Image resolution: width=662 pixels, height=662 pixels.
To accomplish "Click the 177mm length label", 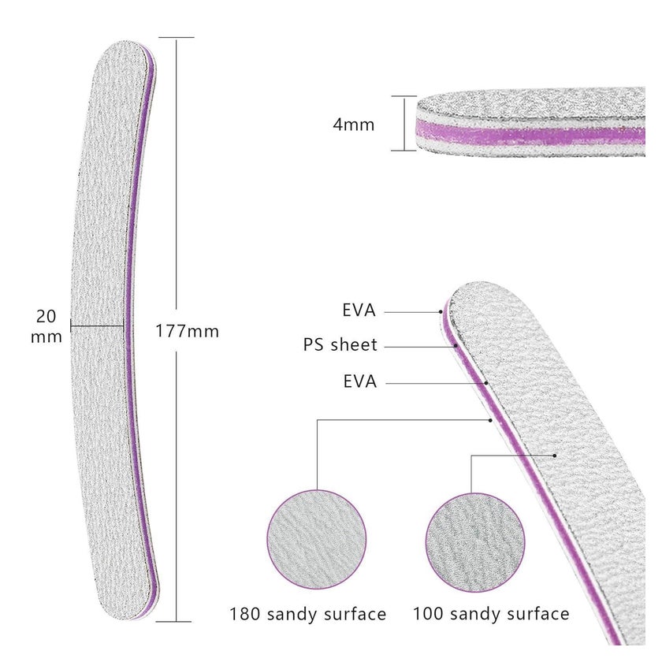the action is click(188, 331).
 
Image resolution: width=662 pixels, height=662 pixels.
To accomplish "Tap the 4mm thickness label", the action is click(353, 125).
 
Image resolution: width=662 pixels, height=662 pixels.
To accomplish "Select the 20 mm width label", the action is click(46, 326).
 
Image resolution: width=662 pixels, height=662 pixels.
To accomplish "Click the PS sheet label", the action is click(340, 345).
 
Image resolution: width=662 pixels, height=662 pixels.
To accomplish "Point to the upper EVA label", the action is click(359, 311).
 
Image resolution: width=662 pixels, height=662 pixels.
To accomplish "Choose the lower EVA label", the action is click(359, 381).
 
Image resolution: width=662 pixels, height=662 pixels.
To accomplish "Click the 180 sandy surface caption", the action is click(308, 614).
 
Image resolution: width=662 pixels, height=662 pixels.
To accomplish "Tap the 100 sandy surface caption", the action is click(491, 613).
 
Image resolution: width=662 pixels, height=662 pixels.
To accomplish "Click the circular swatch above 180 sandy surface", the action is click(317, 540).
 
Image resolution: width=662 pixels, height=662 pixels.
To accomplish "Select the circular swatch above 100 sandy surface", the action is click(475, 542).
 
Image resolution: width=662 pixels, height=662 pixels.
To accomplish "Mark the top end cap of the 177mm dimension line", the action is click(177, 38).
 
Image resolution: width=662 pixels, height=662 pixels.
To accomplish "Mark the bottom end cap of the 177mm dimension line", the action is click(173, 621).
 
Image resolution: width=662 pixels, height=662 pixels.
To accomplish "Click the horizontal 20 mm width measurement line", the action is click(97, 325).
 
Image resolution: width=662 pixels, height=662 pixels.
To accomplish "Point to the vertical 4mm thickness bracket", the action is click(404, 123).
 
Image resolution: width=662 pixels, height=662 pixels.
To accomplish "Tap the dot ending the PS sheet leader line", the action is click(456, 346).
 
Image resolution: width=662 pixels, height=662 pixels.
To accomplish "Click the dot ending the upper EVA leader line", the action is click(441, 312).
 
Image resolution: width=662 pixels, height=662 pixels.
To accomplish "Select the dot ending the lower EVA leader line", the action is click(486, 383).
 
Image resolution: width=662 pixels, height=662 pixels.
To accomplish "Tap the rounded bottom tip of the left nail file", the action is click(127, 614).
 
